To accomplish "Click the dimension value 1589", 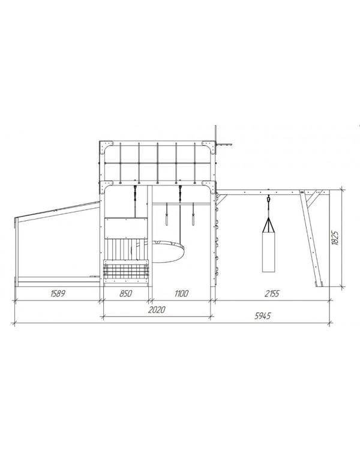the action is pos(58,293).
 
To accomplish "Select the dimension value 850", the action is pos(126,293).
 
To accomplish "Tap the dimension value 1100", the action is pos(181,293).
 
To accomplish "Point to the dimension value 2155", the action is pos(272,293).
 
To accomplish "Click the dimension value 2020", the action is pos(157,310).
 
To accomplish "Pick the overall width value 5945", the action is pos(263,316).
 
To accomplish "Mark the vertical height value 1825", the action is pos(335,238).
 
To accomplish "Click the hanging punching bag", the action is pos(268,251).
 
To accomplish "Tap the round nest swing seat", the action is pos(167,252).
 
